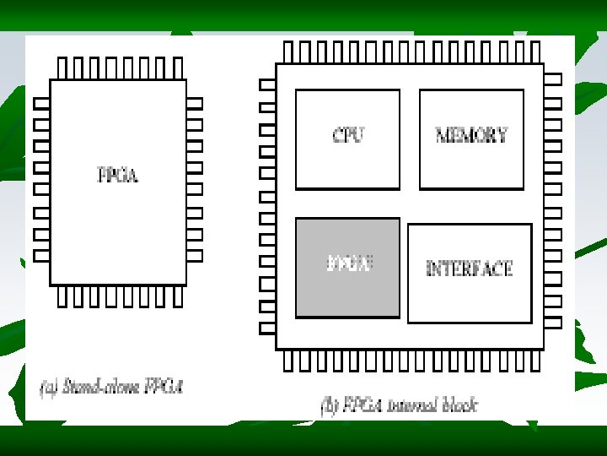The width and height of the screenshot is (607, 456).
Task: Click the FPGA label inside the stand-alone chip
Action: [x=118, y=176]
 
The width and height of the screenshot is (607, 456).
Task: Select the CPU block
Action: [x=347, y=138]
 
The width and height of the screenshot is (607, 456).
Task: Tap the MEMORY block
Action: [x=471, y=138]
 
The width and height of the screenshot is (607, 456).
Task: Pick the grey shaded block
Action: [x=347, y=267]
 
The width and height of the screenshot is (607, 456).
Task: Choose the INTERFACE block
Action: [x=470, y=273]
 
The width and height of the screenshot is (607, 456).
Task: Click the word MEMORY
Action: [x=471, y=134]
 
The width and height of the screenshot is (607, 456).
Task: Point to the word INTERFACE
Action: [x=470, y=269]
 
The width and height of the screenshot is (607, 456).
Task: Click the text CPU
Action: [x=348, y=134]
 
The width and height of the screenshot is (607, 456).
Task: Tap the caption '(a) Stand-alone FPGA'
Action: [x=111, y=388]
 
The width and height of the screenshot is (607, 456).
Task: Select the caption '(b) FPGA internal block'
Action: [x=399, y=404]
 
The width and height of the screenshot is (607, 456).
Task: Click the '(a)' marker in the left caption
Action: [x=49, y=389]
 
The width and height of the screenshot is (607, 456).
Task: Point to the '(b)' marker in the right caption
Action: [x=330, y=404]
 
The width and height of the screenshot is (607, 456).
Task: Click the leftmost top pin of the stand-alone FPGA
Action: [x=62, y=68]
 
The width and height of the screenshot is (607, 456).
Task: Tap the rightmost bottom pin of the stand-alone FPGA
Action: [x=178, y=296]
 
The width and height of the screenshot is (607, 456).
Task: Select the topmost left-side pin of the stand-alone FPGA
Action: [x=41, y=103]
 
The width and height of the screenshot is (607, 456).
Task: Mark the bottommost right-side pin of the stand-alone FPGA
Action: [x=195, y=254]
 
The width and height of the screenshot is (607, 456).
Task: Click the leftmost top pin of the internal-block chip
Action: [x=288, y=52]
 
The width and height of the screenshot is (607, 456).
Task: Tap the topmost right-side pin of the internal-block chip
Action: [x=553, y=79]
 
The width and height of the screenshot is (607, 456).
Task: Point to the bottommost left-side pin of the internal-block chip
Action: [x=267, y=328]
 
